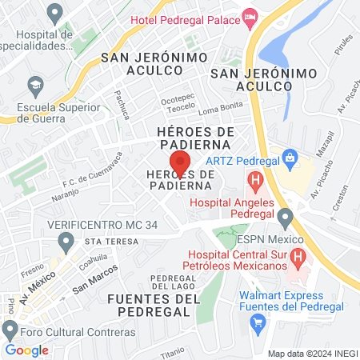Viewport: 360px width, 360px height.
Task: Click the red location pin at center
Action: click(180, 163)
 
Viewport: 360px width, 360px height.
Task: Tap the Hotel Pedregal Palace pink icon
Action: click(250, 15)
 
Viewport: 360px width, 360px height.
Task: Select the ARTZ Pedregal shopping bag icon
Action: click(289, 154)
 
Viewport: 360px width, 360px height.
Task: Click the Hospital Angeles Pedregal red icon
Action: click(256, 181)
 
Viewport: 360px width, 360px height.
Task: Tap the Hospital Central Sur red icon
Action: click(298, 258)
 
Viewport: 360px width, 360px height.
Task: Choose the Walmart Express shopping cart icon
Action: click(258, 323)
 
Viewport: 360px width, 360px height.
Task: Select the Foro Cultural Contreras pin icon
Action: click(10, 330)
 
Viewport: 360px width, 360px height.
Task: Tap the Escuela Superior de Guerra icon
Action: click(35, 83)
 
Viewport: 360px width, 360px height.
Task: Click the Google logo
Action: click(26, 350)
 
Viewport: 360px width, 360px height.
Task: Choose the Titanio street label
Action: click(172, 351)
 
